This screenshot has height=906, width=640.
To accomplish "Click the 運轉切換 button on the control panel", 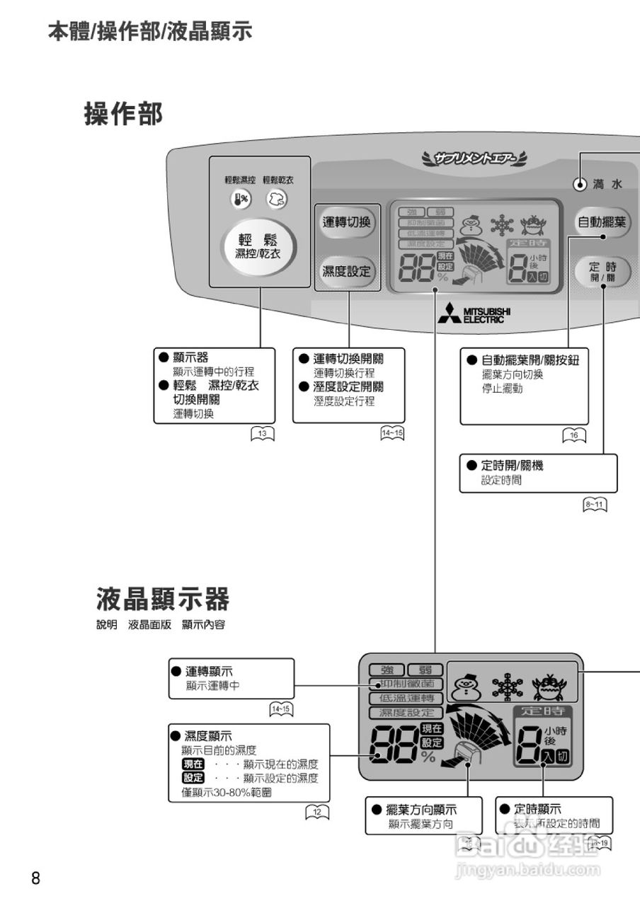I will (x=347, y=222).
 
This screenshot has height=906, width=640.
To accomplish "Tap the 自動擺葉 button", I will (x=601, y=222).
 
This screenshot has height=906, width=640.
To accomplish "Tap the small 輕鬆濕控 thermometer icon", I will (x=240, y=200).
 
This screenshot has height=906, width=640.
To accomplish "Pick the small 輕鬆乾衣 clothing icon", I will (x=277, y=200).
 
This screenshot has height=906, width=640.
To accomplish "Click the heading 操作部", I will (x=123, y=114).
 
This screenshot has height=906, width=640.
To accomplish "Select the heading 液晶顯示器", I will (x=163, y=600).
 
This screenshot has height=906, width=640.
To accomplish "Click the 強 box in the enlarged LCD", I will (x=387, y=670).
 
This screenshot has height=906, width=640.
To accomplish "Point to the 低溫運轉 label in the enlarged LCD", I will (x=406, y=698).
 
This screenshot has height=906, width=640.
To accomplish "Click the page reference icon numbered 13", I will (x=263, y=435).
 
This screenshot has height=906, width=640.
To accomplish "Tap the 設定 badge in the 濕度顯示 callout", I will (x=193, y=778).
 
